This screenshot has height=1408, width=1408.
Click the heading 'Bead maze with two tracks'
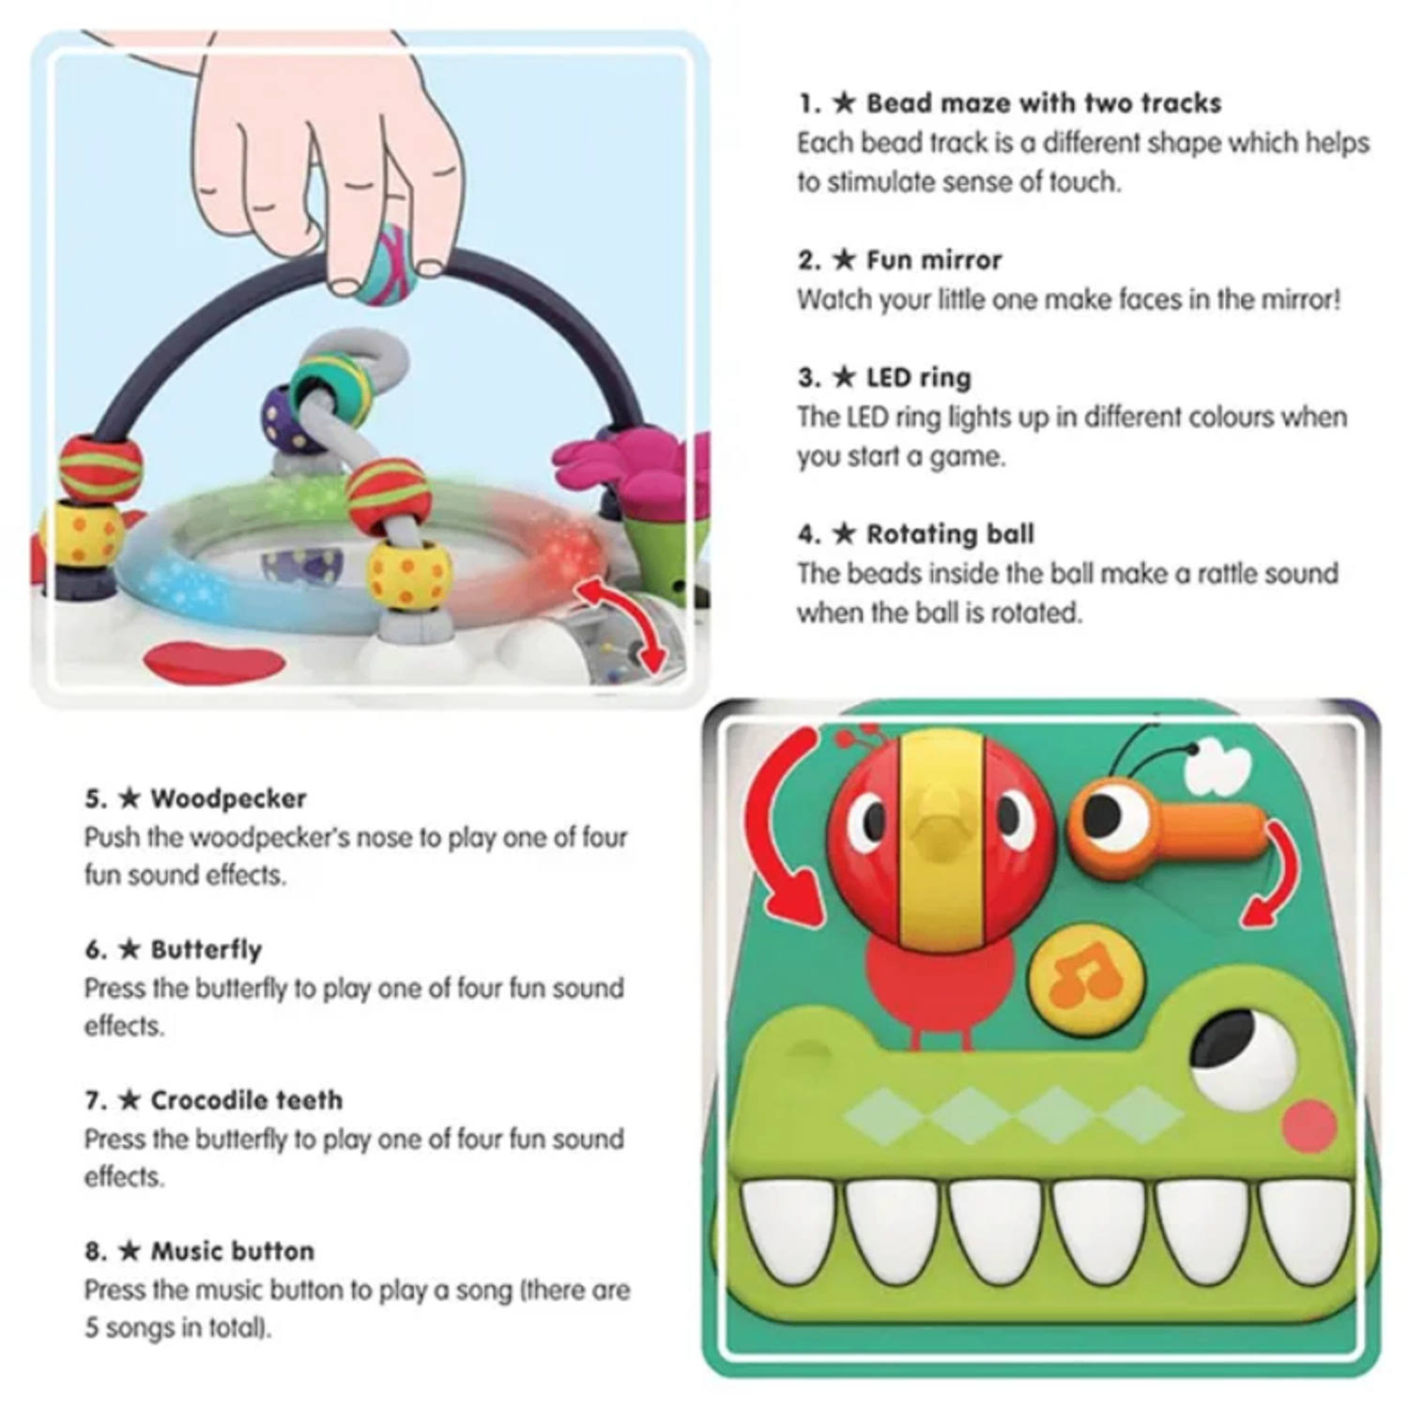click(x=1043, y=103)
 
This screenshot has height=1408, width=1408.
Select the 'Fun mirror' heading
click(x=934, y=260)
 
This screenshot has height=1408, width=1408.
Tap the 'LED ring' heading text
click(x=918, y=378)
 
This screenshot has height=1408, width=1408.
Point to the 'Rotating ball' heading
click(x=950, y=534)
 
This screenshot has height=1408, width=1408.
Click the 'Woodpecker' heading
click(x=229, y=799)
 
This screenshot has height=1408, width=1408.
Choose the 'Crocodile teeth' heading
click(x=247, y=1100)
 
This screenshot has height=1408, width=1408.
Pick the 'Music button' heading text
click(x=233, y=1251)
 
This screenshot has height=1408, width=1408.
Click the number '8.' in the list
click(x=96, y=1251)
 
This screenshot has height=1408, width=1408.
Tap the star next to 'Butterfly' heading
click(x=130, y=949)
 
